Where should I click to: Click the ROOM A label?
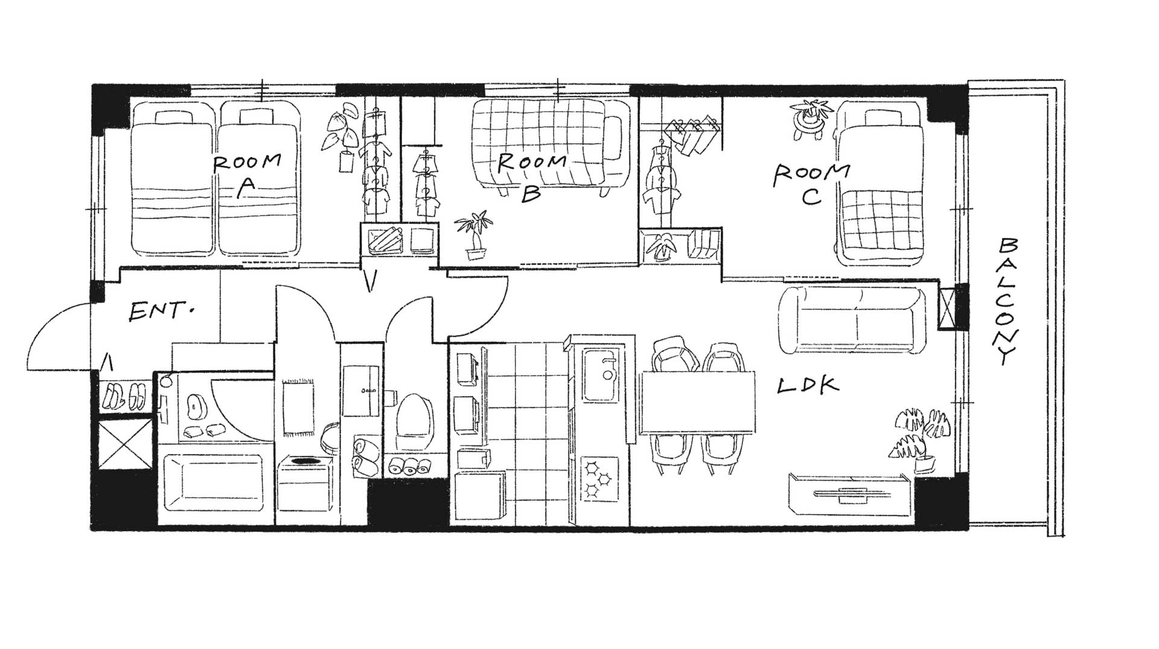click(247, 176)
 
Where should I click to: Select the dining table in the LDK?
click(697, 403)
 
